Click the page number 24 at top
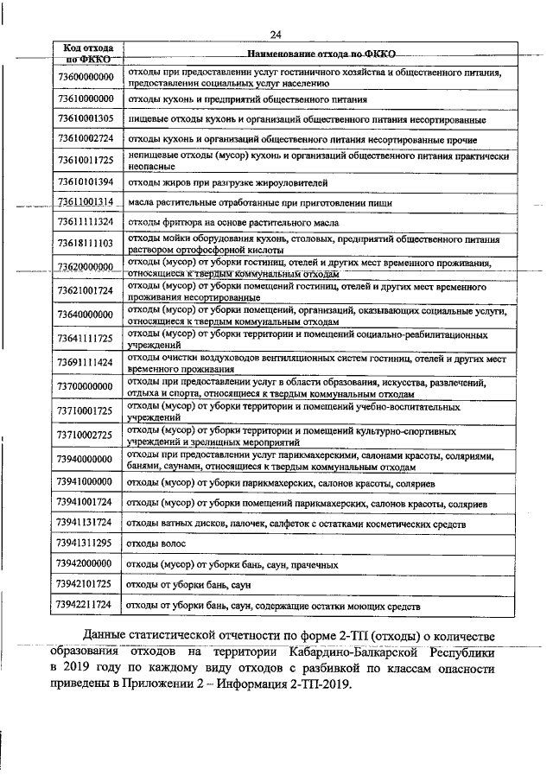[276, 35]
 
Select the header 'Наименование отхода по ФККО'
[321, 54]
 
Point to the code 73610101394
[86, 181]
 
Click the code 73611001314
[86, 201]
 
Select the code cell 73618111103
[86, 245]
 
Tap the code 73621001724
[86, 290]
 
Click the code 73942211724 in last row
[86, 606]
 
